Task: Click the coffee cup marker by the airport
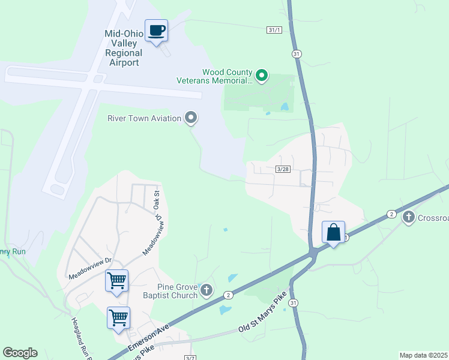click(156, 31)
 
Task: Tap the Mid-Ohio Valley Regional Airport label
click(124, 48)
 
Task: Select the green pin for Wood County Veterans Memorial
click(262, 76)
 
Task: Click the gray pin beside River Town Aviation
click(191, 118)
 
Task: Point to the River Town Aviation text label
click(144, 118)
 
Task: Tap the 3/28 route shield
click(283, 169)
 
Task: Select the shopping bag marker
click(333, 232)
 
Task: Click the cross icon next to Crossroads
click(409, 217)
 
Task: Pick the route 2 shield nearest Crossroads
click(391, 214)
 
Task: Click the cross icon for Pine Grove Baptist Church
click(206, 291)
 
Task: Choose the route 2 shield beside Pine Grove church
click(228, 295)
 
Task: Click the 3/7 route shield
click(190, 358)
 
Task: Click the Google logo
click(20, 353)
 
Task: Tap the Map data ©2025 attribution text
click(424, 355)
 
